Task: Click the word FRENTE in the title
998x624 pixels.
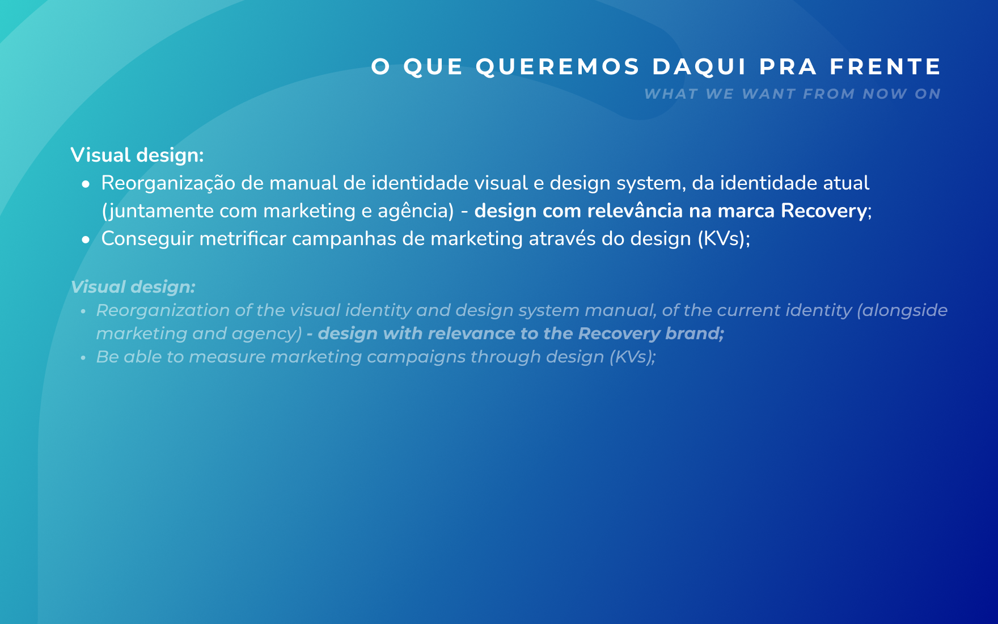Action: (x=885, y=66)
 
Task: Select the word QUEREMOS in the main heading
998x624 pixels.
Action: (x=558, y=67)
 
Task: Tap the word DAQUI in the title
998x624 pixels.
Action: (x=700, y=67)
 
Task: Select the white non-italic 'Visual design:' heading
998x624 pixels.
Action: (x=137, y=155)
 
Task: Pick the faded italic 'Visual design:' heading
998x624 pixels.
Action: (x=133, y=287)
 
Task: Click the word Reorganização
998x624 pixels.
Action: (x=168, y=184)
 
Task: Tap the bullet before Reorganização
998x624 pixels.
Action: (x=86, y=184)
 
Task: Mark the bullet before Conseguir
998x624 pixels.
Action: (x=86, y=240)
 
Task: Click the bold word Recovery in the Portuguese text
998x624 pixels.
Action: (x=824, y=211)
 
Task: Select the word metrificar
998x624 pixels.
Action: (x=243, y=239)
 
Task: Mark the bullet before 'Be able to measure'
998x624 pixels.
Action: (x=83, y=358)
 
